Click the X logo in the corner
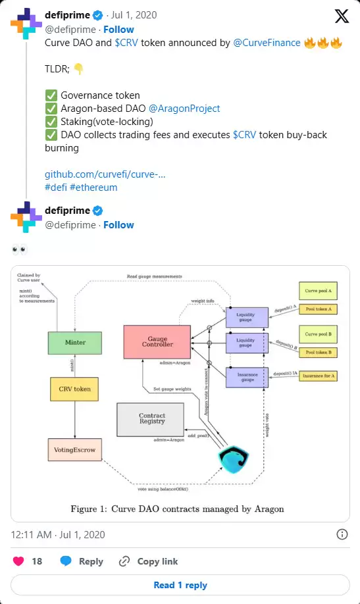click(x=342, y=16)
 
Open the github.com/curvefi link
click(x=105, y=174)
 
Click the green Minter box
click(x=75, y=343)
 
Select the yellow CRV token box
click(x=75, y=389)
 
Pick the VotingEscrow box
click(x=75, y=451)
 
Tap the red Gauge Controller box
click(x=157, y=341)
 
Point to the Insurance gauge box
click(x=247, y=376)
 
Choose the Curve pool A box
click(x=319, y=290)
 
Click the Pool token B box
click(x=319, y=353)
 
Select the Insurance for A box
click(x=319, y=376)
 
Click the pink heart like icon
click(x=19, y=561)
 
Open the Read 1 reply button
click(x=180, y=585)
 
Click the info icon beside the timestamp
click(x=342, y=534)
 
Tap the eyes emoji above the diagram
click(x=18, y=251)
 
